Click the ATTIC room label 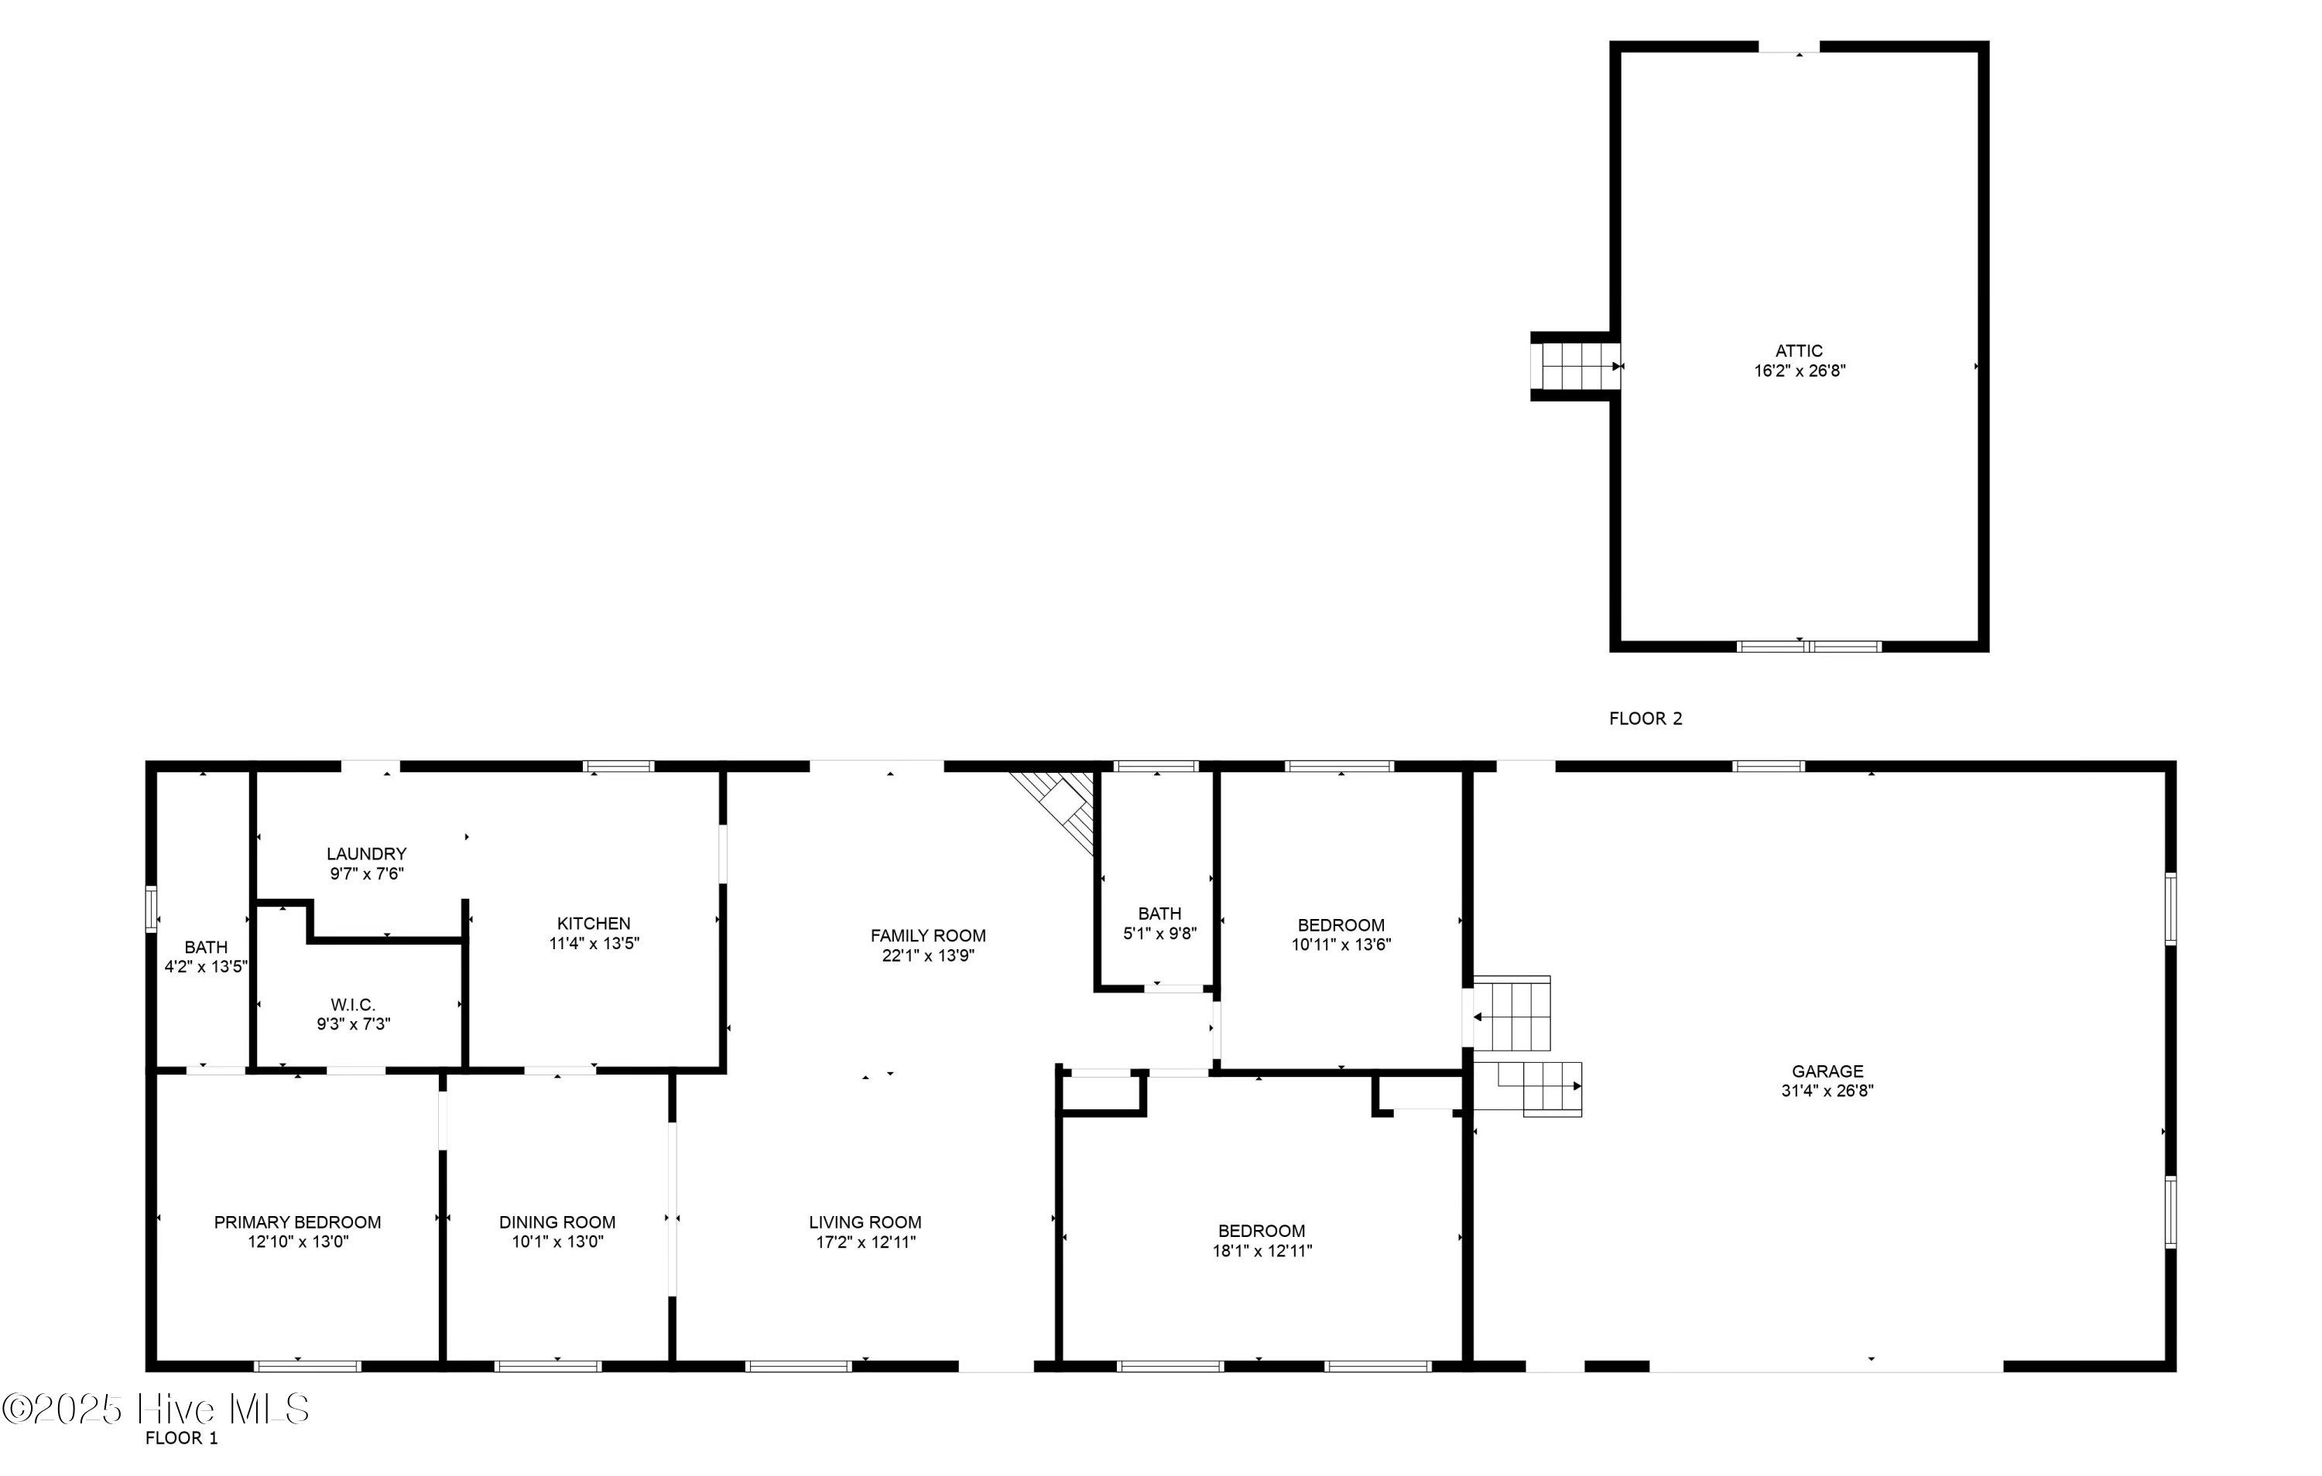tap(1799, 352)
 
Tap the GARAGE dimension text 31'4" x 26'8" tap(1827, 1092)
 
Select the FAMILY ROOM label tap(928, 935)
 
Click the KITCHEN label tap(593, 924)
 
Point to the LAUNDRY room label tap(366, 854)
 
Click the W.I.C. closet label tap(353, 1005)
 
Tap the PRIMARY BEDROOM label tap(297, 1222)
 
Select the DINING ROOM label tap(557, 1222)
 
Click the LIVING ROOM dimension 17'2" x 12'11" tap(865, 1242)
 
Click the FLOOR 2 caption tap(1645, 718)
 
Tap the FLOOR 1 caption tap(181, 1438)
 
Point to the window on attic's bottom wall tap(1808, 647)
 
